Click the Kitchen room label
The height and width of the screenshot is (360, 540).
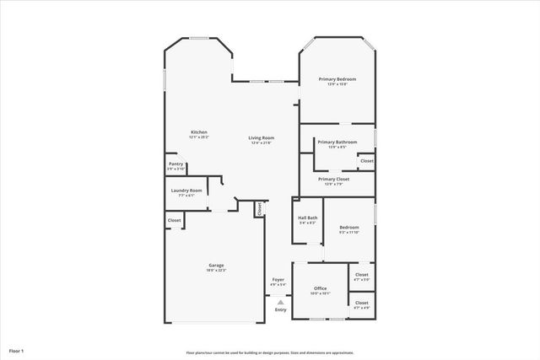point(199,132)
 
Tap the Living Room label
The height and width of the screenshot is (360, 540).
point(261,137)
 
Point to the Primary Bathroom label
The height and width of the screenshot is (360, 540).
point(337,142)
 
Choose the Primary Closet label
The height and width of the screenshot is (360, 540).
point(334,179)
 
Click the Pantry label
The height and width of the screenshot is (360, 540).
point(175,164)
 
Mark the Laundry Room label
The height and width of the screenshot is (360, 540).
point(186,191)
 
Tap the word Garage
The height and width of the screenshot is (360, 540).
point(216,266)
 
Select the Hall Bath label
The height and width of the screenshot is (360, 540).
point(307,218)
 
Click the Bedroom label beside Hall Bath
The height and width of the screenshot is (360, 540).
point(349,227)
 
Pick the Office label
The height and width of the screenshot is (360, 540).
point(321,288)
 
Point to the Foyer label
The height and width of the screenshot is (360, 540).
point(278,279)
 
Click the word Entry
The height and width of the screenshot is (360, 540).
point(280,309)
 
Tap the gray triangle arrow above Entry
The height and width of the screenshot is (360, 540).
point(280,301)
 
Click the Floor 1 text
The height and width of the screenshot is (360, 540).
point(17,350)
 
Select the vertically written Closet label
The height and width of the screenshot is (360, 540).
point(260,207)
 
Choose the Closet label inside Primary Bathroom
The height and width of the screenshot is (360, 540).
point(366,160)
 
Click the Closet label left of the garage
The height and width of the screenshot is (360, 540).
point(174,220)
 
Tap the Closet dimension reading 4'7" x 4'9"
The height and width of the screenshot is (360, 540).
point(361,307)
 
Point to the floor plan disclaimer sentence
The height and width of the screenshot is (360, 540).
point(270,352)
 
